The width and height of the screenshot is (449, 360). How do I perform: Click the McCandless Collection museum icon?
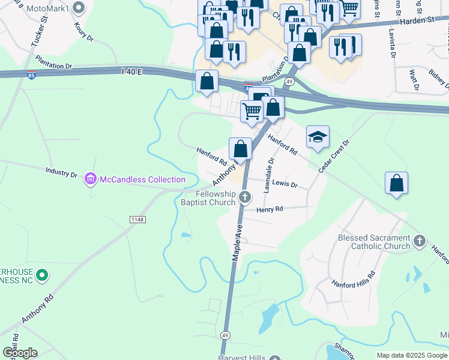coord(91,179)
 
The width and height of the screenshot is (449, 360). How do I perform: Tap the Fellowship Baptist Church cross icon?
coord(244,196)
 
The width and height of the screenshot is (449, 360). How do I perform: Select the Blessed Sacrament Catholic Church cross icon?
coord(419,242)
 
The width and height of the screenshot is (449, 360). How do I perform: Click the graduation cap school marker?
coord(318,137)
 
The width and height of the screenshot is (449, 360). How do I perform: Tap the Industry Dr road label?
coord(61,173)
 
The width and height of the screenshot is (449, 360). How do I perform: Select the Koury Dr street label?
coord(84,32)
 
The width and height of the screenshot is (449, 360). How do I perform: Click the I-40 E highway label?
coord(132,72)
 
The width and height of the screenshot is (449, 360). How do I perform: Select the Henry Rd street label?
coord(270,209)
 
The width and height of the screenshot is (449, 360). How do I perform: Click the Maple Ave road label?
coord(237,242)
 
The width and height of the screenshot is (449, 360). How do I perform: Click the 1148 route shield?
coord(137,220)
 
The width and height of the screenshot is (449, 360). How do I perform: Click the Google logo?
coord(20,353)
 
